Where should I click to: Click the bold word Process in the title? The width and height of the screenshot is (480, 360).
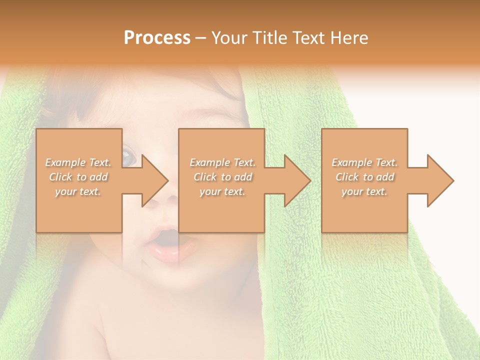pos(157,38)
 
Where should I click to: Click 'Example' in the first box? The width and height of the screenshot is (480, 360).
pos(65,162)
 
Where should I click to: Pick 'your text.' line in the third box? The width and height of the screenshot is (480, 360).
pos(364,191)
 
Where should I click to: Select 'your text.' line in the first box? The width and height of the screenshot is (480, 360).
pos(78,191)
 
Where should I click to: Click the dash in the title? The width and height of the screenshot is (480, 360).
pos(200,38)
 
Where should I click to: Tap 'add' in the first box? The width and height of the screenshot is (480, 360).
pos(99,177)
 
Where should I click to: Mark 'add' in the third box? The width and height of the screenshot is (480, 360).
pos(385,177)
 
